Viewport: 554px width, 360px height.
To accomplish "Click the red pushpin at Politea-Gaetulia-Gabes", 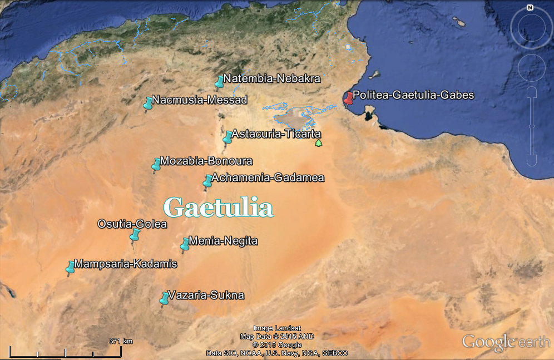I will coord(349,98).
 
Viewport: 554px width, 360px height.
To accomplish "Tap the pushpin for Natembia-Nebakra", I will coord(220,82).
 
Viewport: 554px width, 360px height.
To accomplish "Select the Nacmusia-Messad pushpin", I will coord(149,103).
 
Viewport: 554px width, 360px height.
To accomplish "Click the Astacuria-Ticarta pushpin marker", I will coord(228,136).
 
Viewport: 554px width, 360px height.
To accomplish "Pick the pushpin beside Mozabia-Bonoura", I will coord(157,164).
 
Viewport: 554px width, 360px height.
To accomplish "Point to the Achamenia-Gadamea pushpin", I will coord(208,180).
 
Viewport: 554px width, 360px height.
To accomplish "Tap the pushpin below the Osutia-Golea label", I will coord(135,236).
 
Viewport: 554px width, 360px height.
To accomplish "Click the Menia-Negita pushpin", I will coord(185,244).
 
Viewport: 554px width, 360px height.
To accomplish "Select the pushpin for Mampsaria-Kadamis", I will coord(71,267).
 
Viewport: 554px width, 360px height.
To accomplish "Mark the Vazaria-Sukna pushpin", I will coord(165,298).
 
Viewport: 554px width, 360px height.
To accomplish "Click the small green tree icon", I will coord(318,144).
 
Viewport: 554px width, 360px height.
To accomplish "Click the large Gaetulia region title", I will coord(219,208).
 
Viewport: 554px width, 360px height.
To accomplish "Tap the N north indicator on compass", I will coord(530,8).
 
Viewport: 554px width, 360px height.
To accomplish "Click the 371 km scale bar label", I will coord(121,341).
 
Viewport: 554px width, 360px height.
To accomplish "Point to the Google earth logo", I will coord(506,342).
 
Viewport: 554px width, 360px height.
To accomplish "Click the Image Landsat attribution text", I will coord(277,328).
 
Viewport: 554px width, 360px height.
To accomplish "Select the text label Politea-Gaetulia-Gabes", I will coord(413,95).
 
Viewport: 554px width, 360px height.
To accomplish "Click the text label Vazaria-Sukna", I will coord(206,295).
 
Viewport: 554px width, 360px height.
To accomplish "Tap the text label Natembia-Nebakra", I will coord(272,79).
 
